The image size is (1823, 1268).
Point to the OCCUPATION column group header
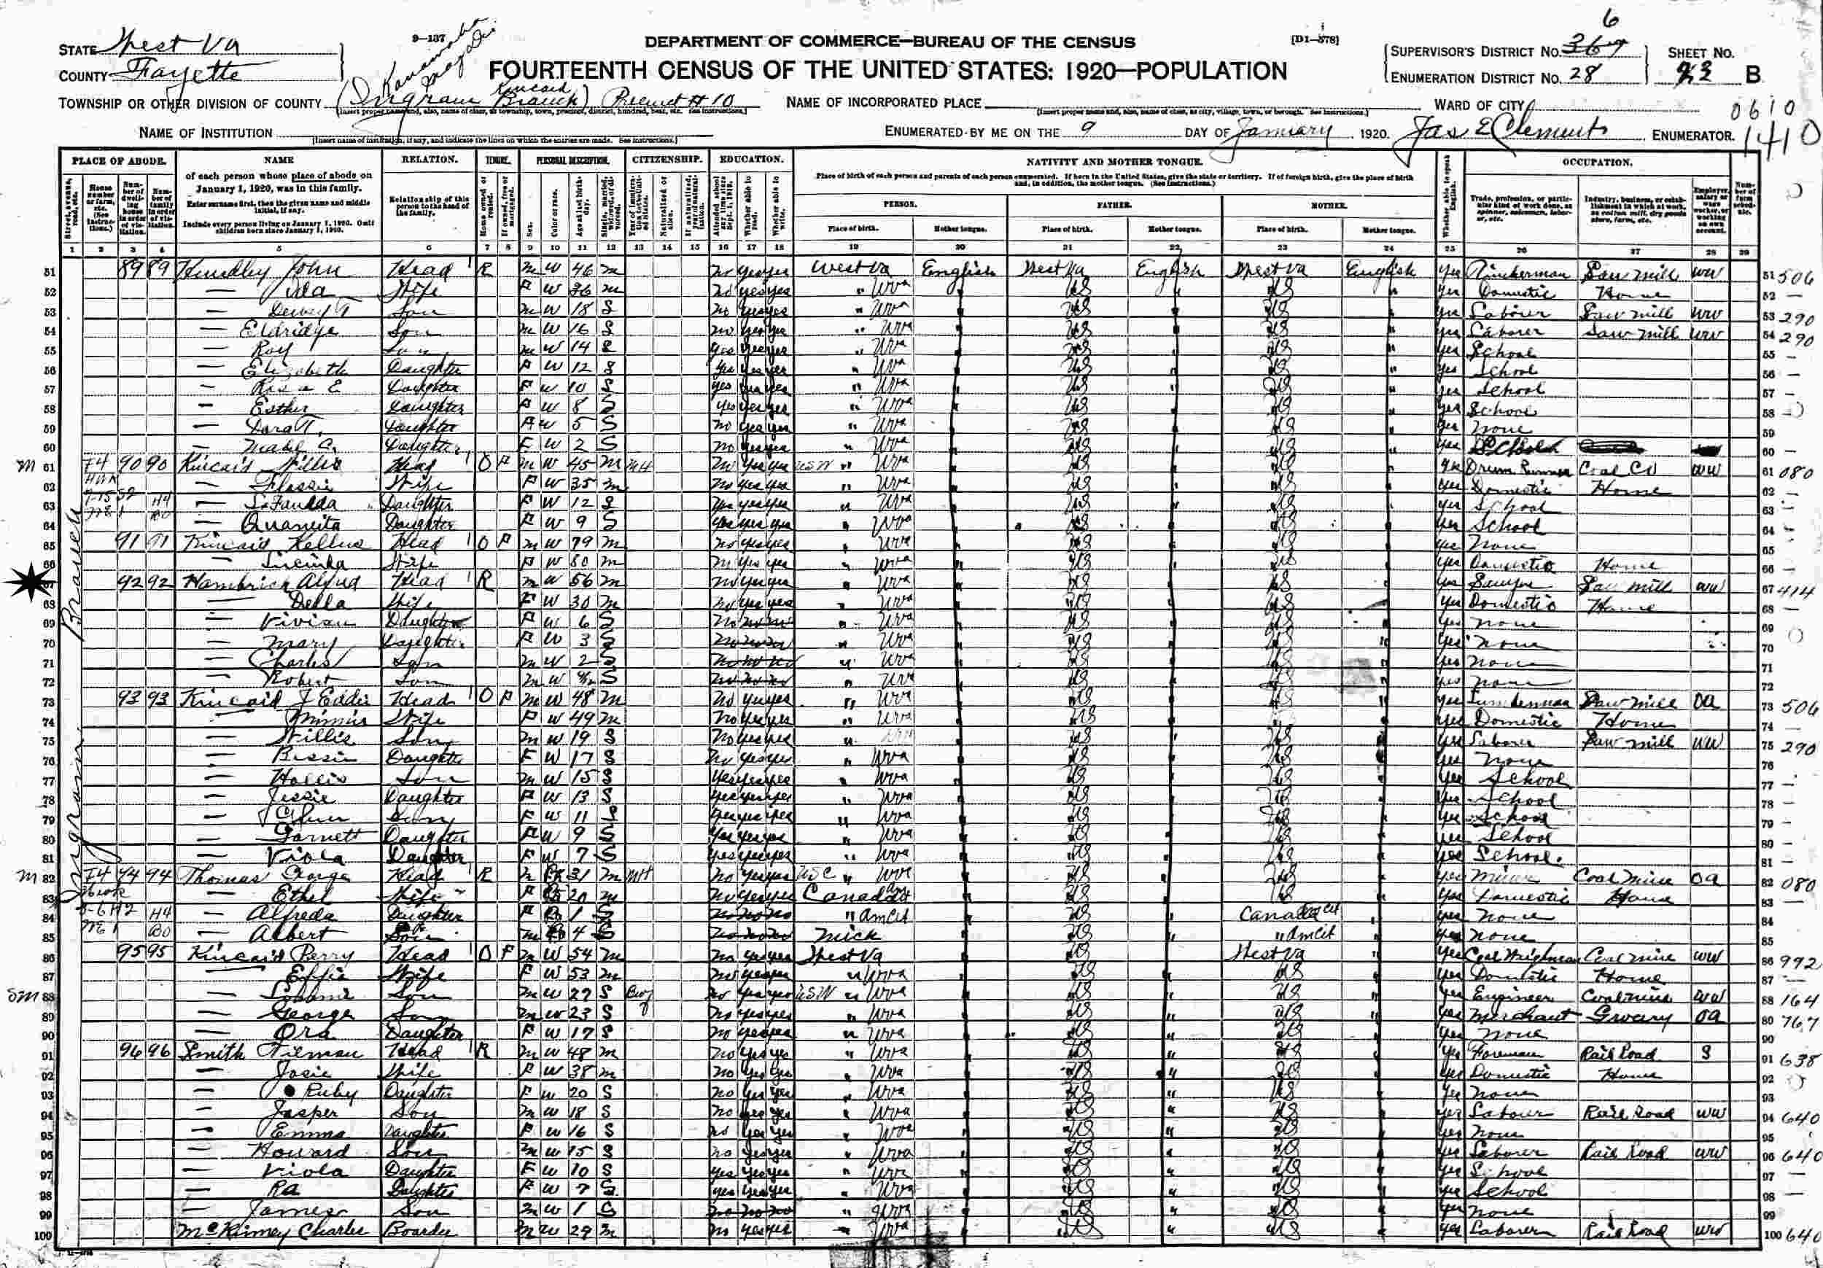pos(1597,162)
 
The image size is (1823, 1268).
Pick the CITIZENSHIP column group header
pos(667,159)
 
